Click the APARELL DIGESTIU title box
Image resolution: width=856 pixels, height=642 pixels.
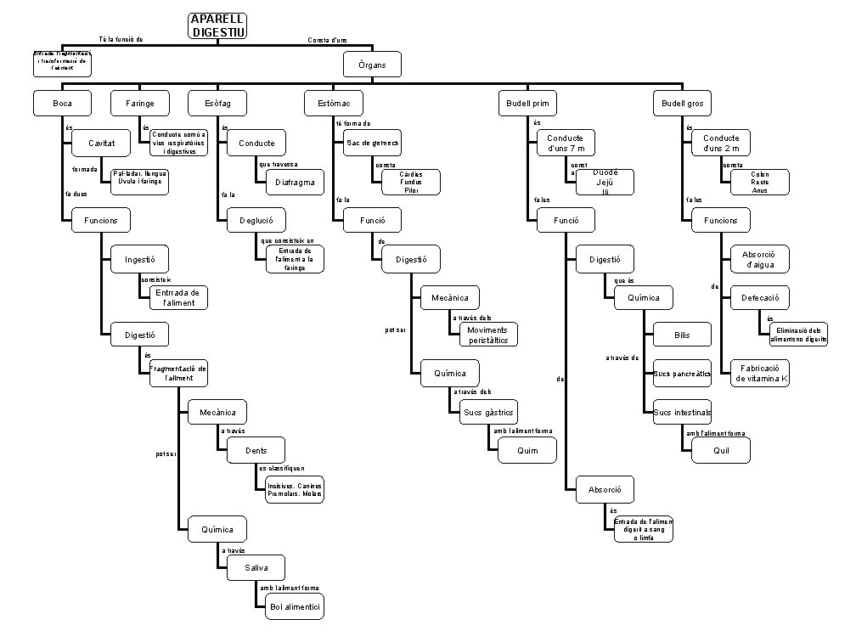coord(218,25)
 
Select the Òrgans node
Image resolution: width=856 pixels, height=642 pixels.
coord(371,65)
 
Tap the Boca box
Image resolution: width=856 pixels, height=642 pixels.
coord(62,104)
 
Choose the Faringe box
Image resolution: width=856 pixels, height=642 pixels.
coord(139,104)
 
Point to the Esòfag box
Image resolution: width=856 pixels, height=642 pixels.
coord(217,104)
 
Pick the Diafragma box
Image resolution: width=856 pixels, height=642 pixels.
coord(295,182)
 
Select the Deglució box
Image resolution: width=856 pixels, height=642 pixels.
coord(256,221)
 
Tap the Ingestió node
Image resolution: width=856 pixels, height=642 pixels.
coord(139,259)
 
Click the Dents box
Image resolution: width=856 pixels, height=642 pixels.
coord(256,452)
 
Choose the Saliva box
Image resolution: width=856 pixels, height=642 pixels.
coord(256,568)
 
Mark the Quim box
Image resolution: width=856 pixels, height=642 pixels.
coord(527,451)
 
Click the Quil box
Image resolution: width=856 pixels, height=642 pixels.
coord(721,451)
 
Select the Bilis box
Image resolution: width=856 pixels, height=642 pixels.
coord(682,335)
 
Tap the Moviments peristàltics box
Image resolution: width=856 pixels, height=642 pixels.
coord(488,335)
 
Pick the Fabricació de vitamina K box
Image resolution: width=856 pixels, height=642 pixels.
coord(760,374)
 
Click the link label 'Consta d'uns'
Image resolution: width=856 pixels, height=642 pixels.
coord(327,40)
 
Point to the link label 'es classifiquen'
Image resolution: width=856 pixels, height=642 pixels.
coord(282,468)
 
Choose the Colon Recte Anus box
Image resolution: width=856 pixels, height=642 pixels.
coord(759,182)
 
